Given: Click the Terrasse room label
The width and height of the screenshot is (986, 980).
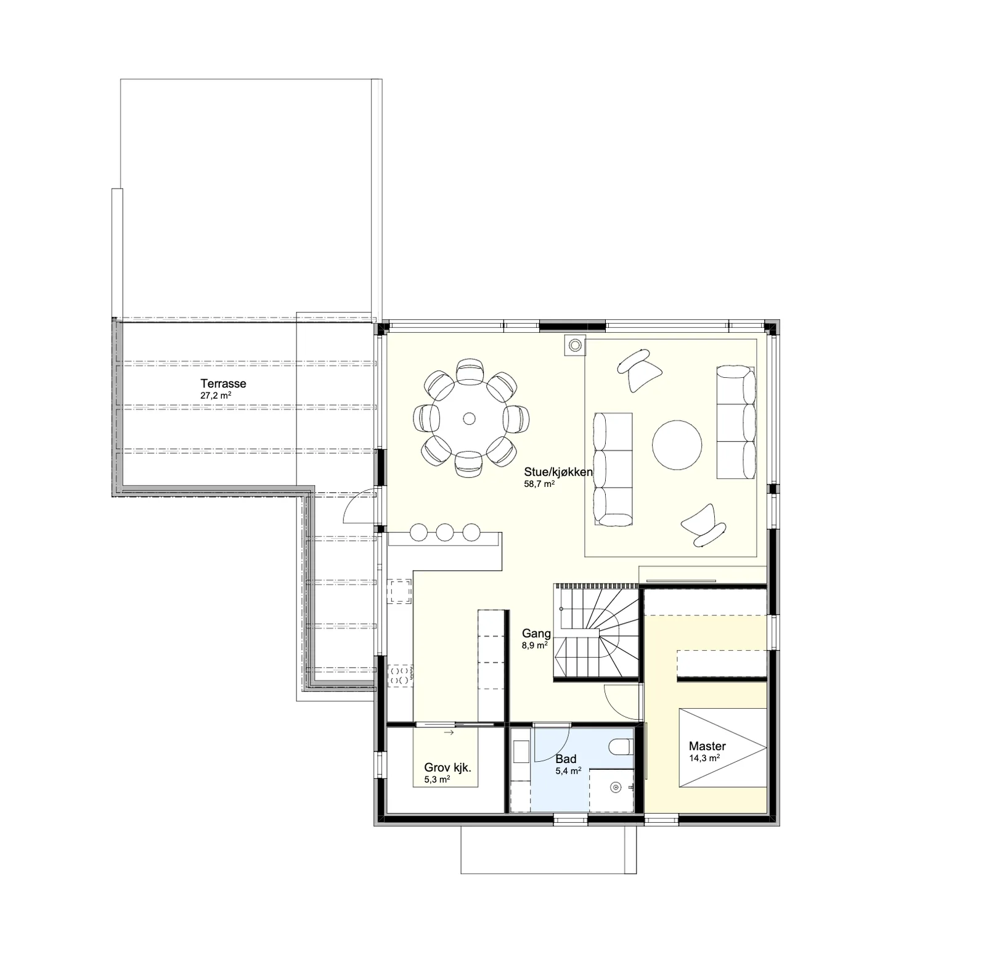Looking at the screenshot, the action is (x=223, y=383).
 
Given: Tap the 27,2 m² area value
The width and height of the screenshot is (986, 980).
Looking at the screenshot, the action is (x=216, y=396).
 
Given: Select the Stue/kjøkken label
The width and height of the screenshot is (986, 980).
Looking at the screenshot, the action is (x=558, y=472).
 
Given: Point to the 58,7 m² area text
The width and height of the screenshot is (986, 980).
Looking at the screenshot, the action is (x=539, y=484).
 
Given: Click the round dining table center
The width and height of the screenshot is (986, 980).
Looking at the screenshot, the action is (x=469, y=419).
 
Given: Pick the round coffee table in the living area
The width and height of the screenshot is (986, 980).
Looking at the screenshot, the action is (x=677, y=445).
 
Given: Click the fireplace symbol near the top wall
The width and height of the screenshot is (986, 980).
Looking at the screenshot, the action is (x=574, y=345).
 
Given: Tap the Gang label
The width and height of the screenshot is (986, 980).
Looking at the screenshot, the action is (x=536, y=633).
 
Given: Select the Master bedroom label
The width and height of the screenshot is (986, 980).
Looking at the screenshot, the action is (x=707, y=746).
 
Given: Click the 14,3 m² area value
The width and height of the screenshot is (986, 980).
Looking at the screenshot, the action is (x=704, y=759).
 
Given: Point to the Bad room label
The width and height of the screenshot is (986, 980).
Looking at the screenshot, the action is (x=566, y=759).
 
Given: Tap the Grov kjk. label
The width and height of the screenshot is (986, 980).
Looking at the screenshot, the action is (x=447, y=768).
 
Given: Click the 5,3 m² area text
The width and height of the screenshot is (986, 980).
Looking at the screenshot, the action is (x=436, y=780).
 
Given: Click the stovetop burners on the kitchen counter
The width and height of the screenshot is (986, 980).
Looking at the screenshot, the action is (x=400, y=674).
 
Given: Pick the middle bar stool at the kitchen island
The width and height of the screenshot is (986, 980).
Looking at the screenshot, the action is (x=444, y=532).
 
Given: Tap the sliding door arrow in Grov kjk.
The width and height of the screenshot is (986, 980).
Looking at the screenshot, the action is (x=449, y=733).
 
